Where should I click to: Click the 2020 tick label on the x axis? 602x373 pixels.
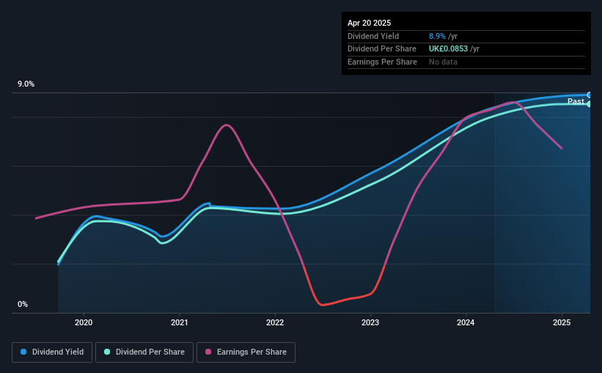point(84,322)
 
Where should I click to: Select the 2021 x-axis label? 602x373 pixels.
point(180,322)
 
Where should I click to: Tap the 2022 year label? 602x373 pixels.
point(275,322)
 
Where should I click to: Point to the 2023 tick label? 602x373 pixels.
point(370,322)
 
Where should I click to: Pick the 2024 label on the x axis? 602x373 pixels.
point(466,322)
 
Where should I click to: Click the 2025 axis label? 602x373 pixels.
point(561,322)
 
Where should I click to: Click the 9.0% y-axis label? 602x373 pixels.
point(26,84)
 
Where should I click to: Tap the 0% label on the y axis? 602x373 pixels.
point(23,304)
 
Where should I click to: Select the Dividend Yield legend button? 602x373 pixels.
point(52,352)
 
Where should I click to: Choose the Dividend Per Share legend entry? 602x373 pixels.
point(144,352)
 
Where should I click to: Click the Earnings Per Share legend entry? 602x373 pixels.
point(246,352)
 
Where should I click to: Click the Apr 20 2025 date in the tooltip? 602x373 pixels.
point(369,23)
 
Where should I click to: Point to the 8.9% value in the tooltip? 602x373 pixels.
point(437,36)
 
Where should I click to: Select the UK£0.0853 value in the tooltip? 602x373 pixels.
point(448,49)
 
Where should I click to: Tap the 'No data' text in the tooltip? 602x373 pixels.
point(443,62)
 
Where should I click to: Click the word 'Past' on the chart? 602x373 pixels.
point(576,101)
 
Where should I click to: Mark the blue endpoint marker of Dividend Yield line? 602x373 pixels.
point(590,95)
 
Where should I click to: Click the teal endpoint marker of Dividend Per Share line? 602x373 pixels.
point(590,104)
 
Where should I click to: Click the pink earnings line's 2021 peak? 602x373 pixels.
point(227,125)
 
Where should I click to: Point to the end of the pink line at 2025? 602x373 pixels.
point(562,148)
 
